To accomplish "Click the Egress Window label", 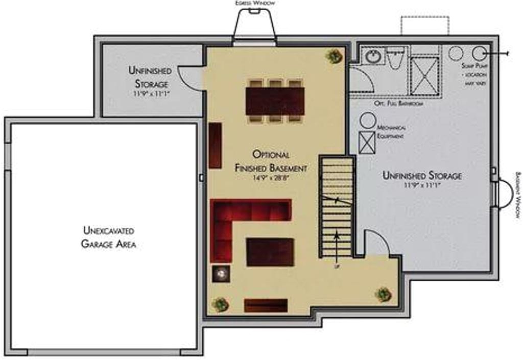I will [x=255, y=3].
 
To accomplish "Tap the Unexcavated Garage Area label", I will [x=108, y=237].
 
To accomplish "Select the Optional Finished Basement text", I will [x=271, y=160].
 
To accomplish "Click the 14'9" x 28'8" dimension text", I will [x=271, y=178].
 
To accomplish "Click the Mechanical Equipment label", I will [x=391, y=132].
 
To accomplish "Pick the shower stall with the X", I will [x=424, y=76].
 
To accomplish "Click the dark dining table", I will [x=275, y=101].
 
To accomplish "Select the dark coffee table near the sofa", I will [x=270, y=252].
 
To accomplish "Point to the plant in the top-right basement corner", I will [x=334, y=56].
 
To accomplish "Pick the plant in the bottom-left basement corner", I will [x=220, y=304].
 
